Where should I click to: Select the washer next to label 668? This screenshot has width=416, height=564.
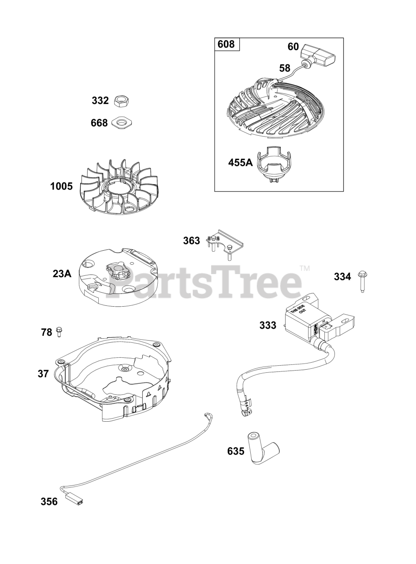coord(122,122)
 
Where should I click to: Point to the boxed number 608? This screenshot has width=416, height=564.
coord(227,45)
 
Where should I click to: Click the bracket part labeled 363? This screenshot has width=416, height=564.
coord(225,243)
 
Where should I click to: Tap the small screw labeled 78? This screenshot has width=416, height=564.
coord(60,331)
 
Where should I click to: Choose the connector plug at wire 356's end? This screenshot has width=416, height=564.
coord(74,500)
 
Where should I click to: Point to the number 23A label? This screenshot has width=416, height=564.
coord(62,274)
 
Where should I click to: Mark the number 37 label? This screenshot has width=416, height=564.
coord(43,374)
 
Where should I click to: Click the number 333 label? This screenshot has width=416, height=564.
coord(267,325)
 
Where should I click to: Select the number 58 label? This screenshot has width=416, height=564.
coord(285,68)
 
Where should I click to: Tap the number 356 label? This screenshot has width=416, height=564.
coord(49,501)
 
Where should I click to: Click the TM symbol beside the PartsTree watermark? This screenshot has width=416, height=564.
coord(305,268)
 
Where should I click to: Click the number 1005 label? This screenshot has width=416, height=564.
coord(61,186)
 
